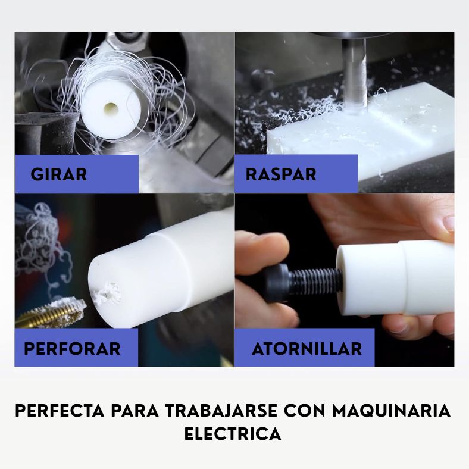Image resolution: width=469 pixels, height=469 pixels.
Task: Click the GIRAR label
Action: coord(58,174)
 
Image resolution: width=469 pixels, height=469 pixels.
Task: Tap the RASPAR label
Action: coord(280,174)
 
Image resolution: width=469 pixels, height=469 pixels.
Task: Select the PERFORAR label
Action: coord(72,349)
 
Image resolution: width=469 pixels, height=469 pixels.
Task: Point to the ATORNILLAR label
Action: coord(307,349)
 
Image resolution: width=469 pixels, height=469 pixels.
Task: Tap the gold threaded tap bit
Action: coord(51,312)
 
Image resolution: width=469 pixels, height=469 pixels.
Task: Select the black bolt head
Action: coord(278,283)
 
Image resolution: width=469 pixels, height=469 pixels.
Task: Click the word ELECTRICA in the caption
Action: coord(233,434)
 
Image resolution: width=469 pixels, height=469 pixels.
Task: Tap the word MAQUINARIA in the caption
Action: coord(391,411)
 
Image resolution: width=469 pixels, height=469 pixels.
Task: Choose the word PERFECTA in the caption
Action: coord(60,411)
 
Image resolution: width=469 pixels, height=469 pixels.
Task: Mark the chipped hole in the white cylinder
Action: coord(107,292)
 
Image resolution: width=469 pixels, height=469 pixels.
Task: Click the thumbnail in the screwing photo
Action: coord(449,223)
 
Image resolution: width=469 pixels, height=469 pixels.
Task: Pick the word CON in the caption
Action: coord(305,411)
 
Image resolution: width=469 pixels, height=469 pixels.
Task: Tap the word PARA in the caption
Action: coord(135,411)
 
